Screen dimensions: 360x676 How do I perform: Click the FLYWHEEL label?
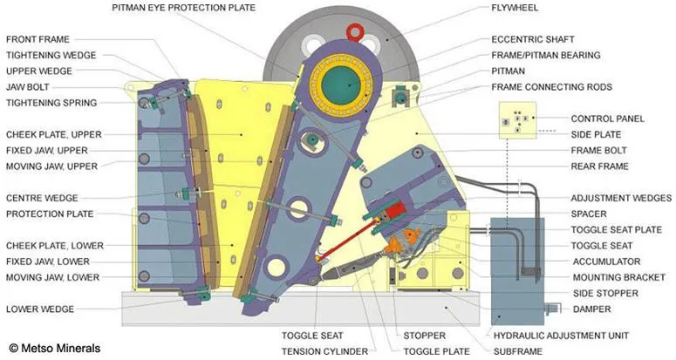(516, 8)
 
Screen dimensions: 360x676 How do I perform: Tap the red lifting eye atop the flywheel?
(355, 32)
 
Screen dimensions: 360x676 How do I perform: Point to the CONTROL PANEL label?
(607, 119)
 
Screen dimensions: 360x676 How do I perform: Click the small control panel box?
(515, 119)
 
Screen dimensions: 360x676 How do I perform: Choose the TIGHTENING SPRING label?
(51, 103)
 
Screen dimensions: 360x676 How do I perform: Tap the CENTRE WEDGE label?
(41, 198)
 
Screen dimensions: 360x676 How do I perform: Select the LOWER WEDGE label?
(40, 309)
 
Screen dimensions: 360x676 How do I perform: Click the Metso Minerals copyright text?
(54, 348)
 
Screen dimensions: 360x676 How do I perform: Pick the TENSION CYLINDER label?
(324, 351)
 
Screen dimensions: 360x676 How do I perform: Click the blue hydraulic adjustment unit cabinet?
(517, 270)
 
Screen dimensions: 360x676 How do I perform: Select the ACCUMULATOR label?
(606, 262)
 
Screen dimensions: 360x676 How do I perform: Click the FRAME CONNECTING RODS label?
(551, 87)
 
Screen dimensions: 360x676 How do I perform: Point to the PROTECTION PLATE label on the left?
(50, 214)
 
